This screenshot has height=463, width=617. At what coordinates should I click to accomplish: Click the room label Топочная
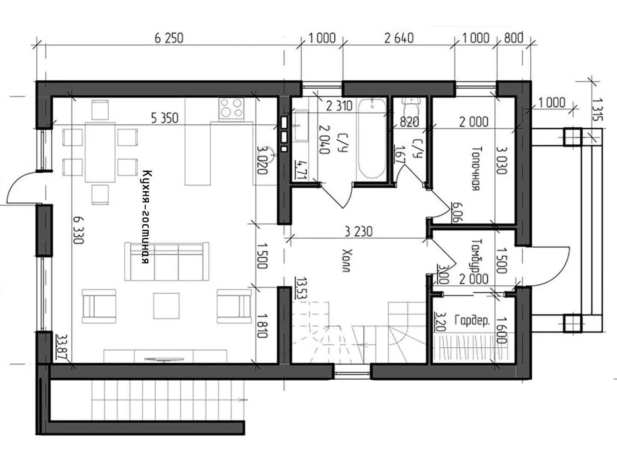pos(476,168)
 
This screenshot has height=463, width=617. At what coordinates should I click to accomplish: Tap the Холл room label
pos(347,260)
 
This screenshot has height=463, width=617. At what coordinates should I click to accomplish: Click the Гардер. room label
pos(472,321)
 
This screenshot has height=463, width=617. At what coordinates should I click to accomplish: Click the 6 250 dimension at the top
pos(169,38)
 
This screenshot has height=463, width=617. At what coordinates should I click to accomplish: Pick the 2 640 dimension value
pos(399,38)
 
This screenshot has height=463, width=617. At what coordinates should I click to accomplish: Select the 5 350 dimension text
pos(165,118)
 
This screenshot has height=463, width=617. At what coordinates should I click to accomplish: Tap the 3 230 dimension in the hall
pos(359,231)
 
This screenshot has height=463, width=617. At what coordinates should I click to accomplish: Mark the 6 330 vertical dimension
pos(78,230)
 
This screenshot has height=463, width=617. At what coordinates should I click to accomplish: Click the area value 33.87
pos(62,347)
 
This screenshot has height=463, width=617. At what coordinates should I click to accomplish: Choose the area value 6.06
pos(456,212)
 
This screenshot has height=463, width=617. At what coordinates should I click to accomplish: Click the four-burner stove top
pos(231,108)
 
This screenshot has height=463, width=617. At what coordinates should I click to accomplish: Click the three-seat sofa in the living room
pos(167,262)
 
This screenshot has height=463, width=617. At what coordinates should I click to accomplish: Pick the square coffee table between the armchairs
pos(166,306)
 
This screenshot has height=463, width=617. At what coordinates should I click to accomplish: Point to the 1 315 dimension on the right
pos(597,109)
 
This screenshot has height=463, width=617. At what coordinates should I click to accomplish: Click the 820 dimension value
pos(409,122)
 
